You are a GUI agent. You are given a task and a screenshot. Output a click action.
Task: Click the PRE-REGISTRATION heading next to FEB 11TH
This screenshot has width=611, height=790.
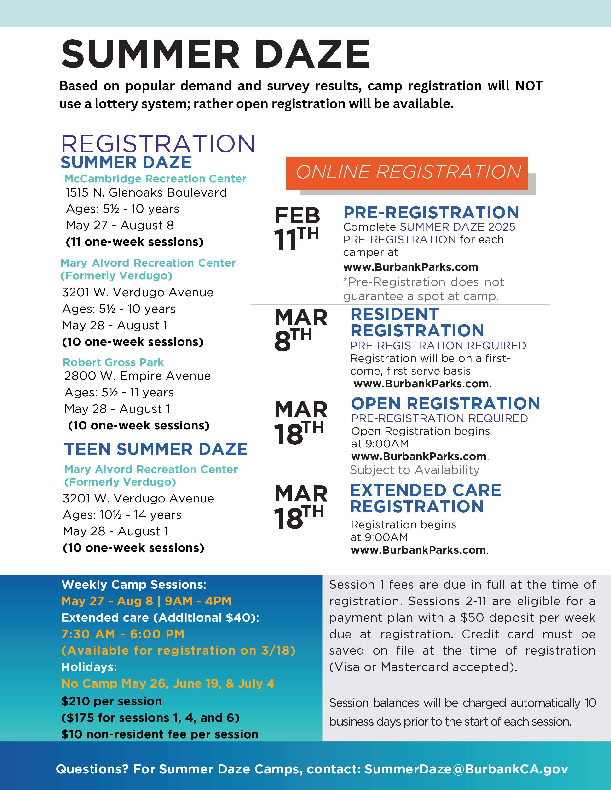pyautogui.click(x=431, y=212)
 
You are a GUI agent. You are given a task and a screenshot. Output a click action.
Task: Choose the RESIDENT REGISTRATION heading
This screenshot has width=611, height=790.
pyautogui.click(x=417, y=322)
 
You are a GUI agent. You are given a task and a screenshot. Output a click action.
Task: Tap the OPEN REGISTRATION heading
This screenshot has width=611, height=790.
pyautogui.click(x=445, y=403)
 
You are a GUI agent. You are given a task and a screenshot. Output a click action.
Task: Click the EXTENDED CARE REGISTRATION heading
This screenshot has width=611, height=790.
pyautogui.click(x=425, y=498)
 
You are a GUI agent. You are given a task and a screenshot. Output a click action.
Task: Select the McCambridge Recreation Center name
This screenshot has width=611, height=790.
pyautogui.click(x=155, y=179)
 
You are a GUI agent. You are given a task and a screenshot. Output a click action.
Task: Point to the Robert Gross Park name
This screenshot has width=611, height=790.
pyautogui.click(x=113, y=362)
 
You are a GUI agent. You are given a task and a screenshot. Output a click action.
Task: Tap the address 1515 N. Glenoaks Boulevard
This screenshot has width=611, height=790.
pyautogui.click(x=146, y=192)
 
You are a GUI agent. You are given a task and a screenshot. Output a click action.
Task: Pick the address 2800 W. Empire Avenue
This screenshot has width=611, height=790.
pyautogui.click(x=138, y=376)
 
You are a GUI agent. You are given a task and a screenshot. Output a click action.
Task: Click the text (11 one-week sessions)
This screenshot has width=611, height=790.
pyautogui.click(x=135, y=242)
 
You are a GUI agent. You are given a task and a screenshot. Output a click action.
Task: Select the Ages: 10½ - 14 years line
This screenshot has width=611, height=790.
pyautogui.click(x=122, y=514)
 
